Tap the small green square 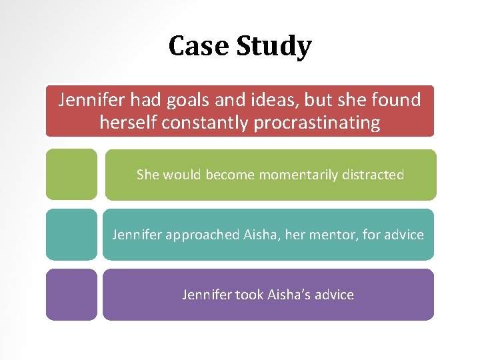tap(71, 174)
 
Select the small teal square tap(71, 234)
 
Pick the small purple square tap(71, 294)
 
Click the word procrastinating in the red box tap(317, 123)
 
